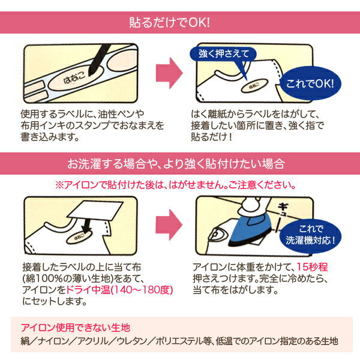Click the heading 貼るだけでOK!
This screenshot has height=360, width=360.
click(169, 23)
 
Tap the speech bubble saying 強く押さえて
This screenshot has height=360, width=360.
click(223, 55)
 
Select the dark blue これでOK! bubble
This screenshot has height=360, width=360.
click(310, 83)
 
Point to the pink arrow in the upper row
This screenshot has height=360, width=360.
click(169, 73)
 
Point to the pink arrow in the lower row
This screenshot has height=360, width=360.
click(169, 225)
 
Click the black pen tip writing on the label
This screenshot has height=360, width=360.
click(91, 72)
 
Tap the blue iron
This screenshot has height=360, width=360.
click(251, 230)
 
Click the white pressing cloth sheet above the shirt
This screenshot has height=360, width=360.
click(95, 211)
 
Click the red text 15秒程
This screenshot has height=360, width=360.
click(312, 267)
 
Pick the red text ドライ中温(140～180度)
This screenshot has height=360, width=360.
click(119, 290)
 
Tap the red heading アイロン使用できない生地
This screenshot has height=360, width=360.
click(76, 328)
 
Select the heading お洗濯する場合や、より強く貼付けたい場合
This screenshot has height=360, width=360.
click(176, 164)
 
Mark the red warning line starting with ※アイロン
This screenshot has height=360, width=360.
click(175, 185)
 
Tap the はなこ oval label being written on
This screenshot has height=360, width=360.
click(74, 79)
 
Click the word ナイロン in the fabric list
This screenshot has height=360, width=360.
click(53, 341)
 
